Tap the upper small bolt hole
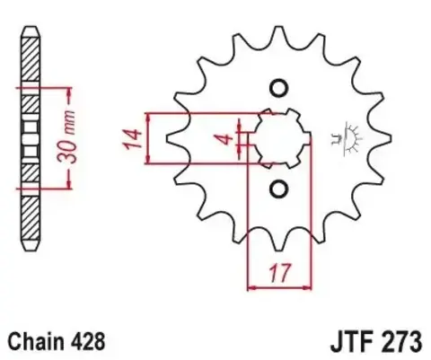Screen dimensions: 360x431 pyautogui.click(x=277, y=88)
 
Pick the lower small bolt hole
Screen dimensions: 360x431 pyautogui.click(x=277, y=189)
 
